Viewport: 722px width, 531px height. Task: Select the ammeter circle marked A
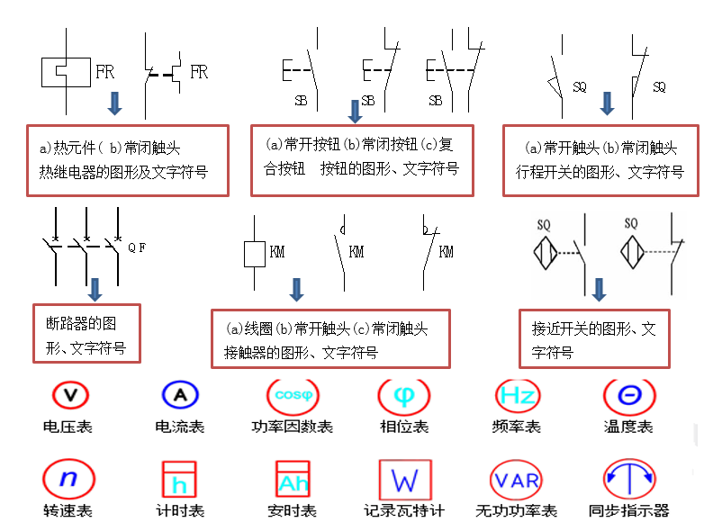[x=180, y=395]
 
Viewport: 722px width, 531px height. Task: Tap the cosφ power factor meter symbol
[x=292, y=395]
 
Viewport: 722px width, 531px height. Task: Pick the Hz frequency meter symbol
[x=518, y=395]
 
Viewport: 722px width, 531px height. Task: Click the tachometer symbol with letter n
[x=68, y=478]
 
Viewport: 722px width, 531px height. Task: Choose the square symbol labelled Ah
[x=293, y=480]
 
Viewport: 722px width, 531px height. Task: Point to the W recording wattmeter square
[x=405, y=479]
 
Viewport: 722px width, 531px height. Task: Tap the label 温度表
[x=628, y=427]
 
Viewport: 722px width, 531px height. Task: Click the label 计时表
[x=180, y=511]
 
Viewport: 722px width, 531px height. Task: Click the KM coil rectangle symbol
[x=255, y=253]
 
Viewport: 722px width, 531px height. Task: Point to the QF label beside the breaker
[x=136, y=247]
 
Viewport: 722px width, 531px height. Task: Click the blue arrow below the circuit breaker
[x=95, y=289]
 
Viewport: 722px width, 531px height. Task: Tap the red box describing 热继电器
[x=127, y=159]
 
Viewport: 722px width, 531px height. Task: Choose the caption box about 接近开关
[x=594, y=338]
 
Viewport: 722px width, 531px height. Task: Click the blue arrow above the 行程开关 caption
[x=607, y=103]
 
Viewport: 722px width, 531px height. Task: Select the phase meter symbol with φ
[x=404, y=395]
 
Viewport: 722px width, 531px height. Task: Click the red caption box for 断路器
[x=86, y=333]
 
